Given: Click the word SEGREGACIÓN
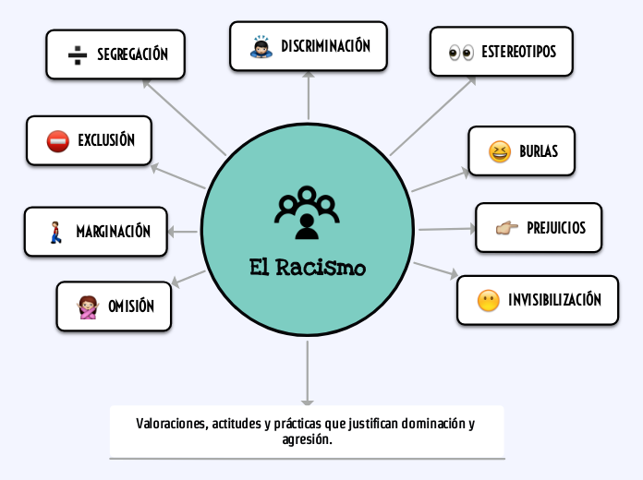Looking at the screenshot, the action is click(132, 54).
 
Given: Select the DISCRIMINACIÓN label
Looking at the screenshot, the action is click(325, 46).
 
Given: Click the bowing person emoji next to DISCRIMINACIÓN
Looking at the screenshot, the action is click(261, 47).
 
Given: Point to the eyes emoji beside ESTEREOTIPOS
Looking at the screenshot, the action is click(460, 52).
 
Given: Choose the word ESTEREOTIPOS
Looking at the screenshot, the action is click(518, 52).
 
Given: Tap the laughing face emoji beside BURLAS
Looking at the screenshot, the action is click(500, 151).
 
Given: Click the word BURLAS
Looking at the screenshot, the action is click(539, 151).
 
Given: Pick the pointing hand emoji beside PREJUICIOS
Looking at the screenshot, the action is click(507, 228).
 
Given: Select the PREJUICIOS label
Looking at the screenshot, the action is click(556, 228).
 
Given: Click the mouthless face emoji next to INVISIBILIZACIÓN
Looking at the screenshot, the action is click(488, 300).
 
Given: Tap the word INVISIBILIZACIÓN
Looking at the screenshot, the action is click(554, 300).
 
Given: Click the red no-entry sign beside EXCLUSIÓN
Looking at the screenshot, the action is click(57, 141).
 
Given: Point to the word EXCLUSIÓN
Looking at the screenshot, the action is click(106, 141).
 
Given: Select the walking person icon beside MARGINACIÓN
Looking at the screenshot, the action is click(55, 232).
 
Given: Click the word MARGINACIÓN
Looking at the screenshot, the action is click(113, 232).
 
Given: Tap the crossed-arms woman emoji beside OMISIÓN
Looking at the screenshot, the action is click(89, 307).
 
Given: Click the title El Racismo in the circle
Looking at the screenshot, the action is click(308, 268).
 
